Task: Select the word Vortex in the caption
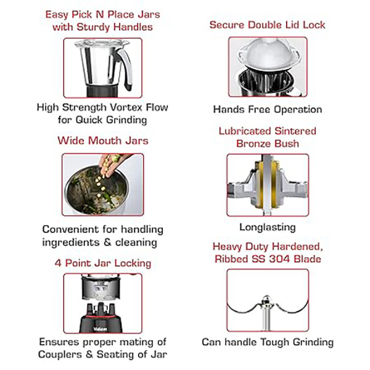coord(126,107)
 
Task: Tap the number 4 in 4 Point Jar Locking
coord(58,263)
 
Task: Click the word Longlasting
coord(268,228)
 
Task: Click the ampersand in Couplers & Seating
coord(89,355)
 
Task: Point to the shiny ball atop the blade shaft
coord(267,299)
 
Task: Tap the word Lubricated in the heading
coord(245,131)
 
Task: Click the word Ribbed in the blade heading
coord(232,259)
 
